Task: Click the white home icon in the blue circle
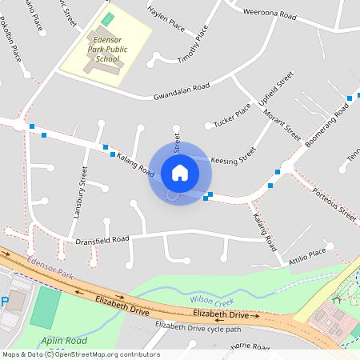coord(179,172)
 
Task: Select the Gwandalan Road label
coord(182,91)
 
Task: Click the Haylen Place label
coord(166,22)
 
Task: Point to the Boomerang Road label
coord(327,122)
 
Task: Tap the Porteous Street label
coord(334,203)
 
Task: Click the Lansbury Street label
coord(82,192)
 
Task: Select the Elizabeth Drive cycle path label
coord(198,327)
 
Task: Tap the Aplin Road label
coord(64,340)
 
